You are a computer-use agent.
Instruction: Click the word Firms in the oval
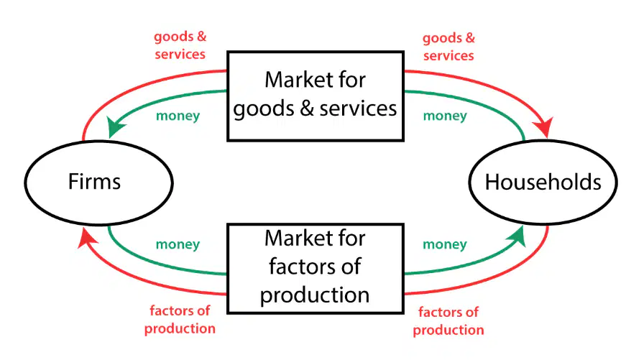pyautogui.click(x=94, y=182)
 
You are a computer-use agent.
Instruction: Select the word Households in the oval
pyautogui.click(x=543, y=182)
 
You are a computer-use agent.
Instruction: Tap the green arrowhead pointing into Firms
pyautogui.click(x=116, y=127)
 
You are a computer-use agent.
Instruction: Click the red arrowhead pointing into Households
pyautogui.click(x=543, y=127)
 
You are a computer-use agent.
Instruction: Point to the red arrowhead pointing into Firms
pyautogui.click(x=87, y=239)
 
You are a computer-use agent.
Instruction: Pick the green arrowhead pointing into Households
pyautogui.click(x=516, y=236)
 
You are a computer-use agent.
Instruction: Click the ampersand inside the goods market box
pyautogui.click(x=307, y=109)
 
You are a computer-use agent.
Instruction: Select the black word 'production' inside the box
pyautogui.click(x=315, y=296)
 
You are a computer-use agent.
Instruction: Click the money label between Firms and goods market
pyautogui.click(x=178, y=116)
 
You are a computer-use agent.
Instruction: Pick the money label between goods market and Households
pyautogui.click(x=445, y=116)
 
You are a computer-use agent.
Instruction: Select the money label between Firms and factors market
pyautogui.click(x=178, y=244)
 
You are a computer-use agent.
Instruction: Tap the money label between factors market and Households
pyautogui.click(x=445, y=244)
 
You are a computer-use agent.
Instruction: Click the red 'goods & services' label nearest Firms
pyautogui.click(x=180, y=45)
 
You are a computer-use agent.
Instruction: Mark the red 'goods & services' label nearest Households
pyautogui.click(x=448, y=47)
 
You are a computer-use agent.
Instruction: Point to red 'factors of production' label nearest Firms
pyautogui.click(x=180, y=319)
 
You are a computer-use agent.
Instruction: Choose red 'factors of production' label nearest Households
pyautogui.click(x=448, y=321)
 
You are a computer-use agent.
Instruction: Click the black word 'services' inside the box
pyautogui.click(x=358, y=109)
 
